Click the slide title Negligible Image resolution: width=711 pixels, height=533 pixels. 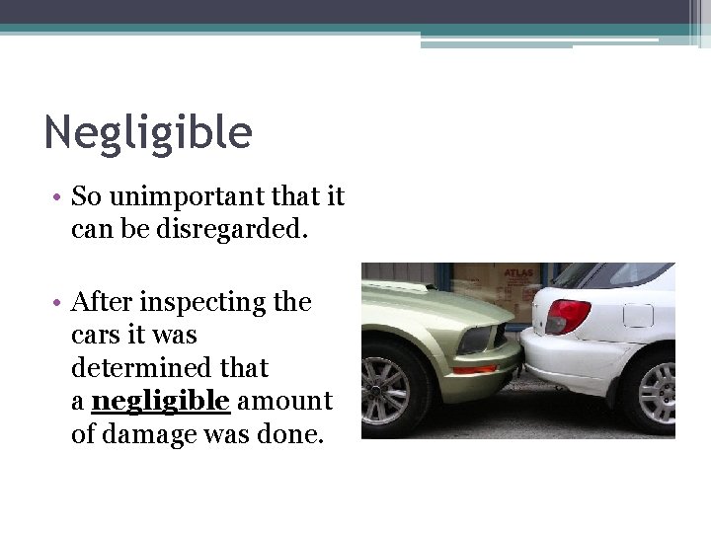point(148,132)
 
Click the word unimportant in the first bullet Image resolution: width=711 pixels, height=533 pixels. point(170,196)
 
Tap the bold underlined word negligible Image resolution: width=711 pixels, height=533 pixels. point(161,401)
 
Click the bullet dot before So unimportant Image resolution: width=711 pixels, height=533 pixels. point(59,196)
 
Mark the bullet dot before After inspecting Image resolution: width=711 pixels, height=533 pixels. point(59,301)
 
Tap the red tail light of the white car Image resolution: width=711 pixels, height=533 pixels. point(568,317)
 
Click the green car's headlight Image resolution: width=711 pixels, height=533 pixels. point(477,339)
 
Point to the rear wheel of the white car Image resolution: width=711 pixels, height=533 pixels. point(654,394)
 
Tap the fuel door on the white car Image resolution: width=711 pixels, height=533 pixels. point(638,316)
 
